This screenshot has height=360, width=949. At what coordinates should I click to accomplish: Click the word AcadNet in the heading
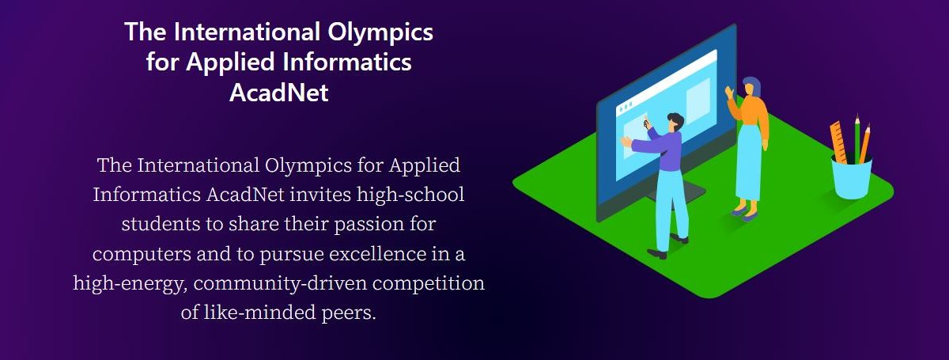coord(278,92)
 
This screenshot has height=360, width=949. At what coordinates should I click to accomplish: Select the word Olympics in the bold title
coord(380,33)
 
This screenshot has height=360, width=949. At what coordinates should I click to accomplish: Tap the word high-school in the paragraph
coord(410,195)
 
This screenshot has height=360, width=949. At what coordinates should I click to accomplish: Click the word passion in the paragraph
coord(369,225)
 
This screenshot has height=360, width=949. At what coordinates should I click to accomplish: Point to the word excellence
coord(377,253)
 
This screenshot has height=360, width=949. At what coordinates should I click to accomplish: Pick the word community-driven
coord(280,284)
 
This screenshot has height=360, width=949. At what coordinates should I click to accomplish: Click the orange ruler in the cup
coord(838,142)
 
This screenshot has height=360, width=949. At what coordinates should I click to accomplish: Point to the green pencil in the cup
coord(857,138)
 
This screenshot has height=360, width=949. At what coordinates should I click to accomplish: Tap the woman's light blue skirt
coord(749,162)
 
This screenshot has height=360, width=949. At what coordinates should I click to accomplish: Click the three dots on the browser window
coord(626,107)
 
